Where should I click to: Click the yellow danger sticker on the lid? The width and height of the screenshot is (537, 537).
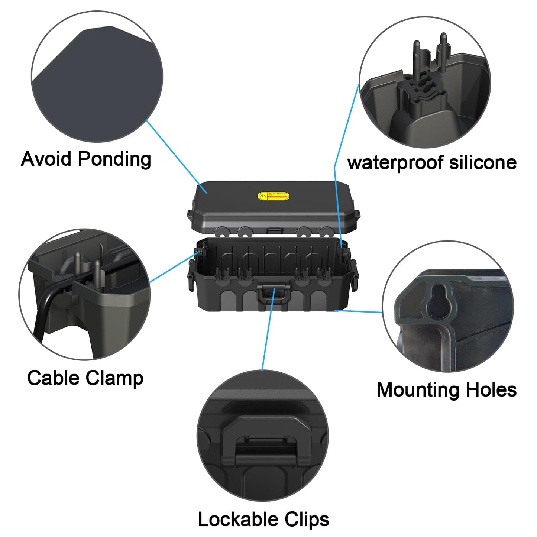(274, 196)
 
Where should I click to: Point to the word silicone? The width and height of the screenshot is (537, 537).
(483, 162)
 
